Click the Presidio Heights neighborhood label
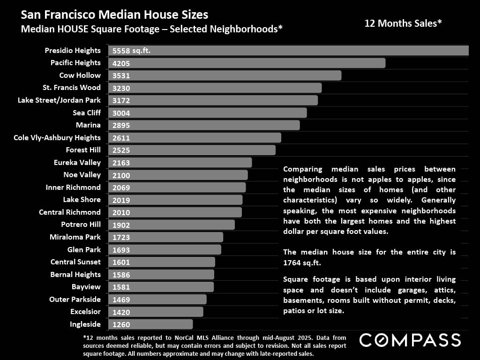73,50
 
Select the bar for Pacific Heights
247,63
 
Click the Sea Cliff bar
207,112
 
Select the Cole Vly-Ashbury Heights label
57,137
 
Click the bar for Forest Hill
192,150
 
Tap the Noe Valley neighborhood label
82,175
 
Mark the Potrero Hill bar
172,225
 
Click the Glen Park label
84,249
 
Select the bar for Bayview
161,287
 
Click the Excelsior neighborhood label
85,312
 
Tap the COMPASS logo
410,340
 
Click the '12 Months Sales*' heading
403,23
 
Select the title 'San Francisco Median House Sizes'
114,15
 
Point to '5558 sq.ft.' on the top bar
132,51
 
